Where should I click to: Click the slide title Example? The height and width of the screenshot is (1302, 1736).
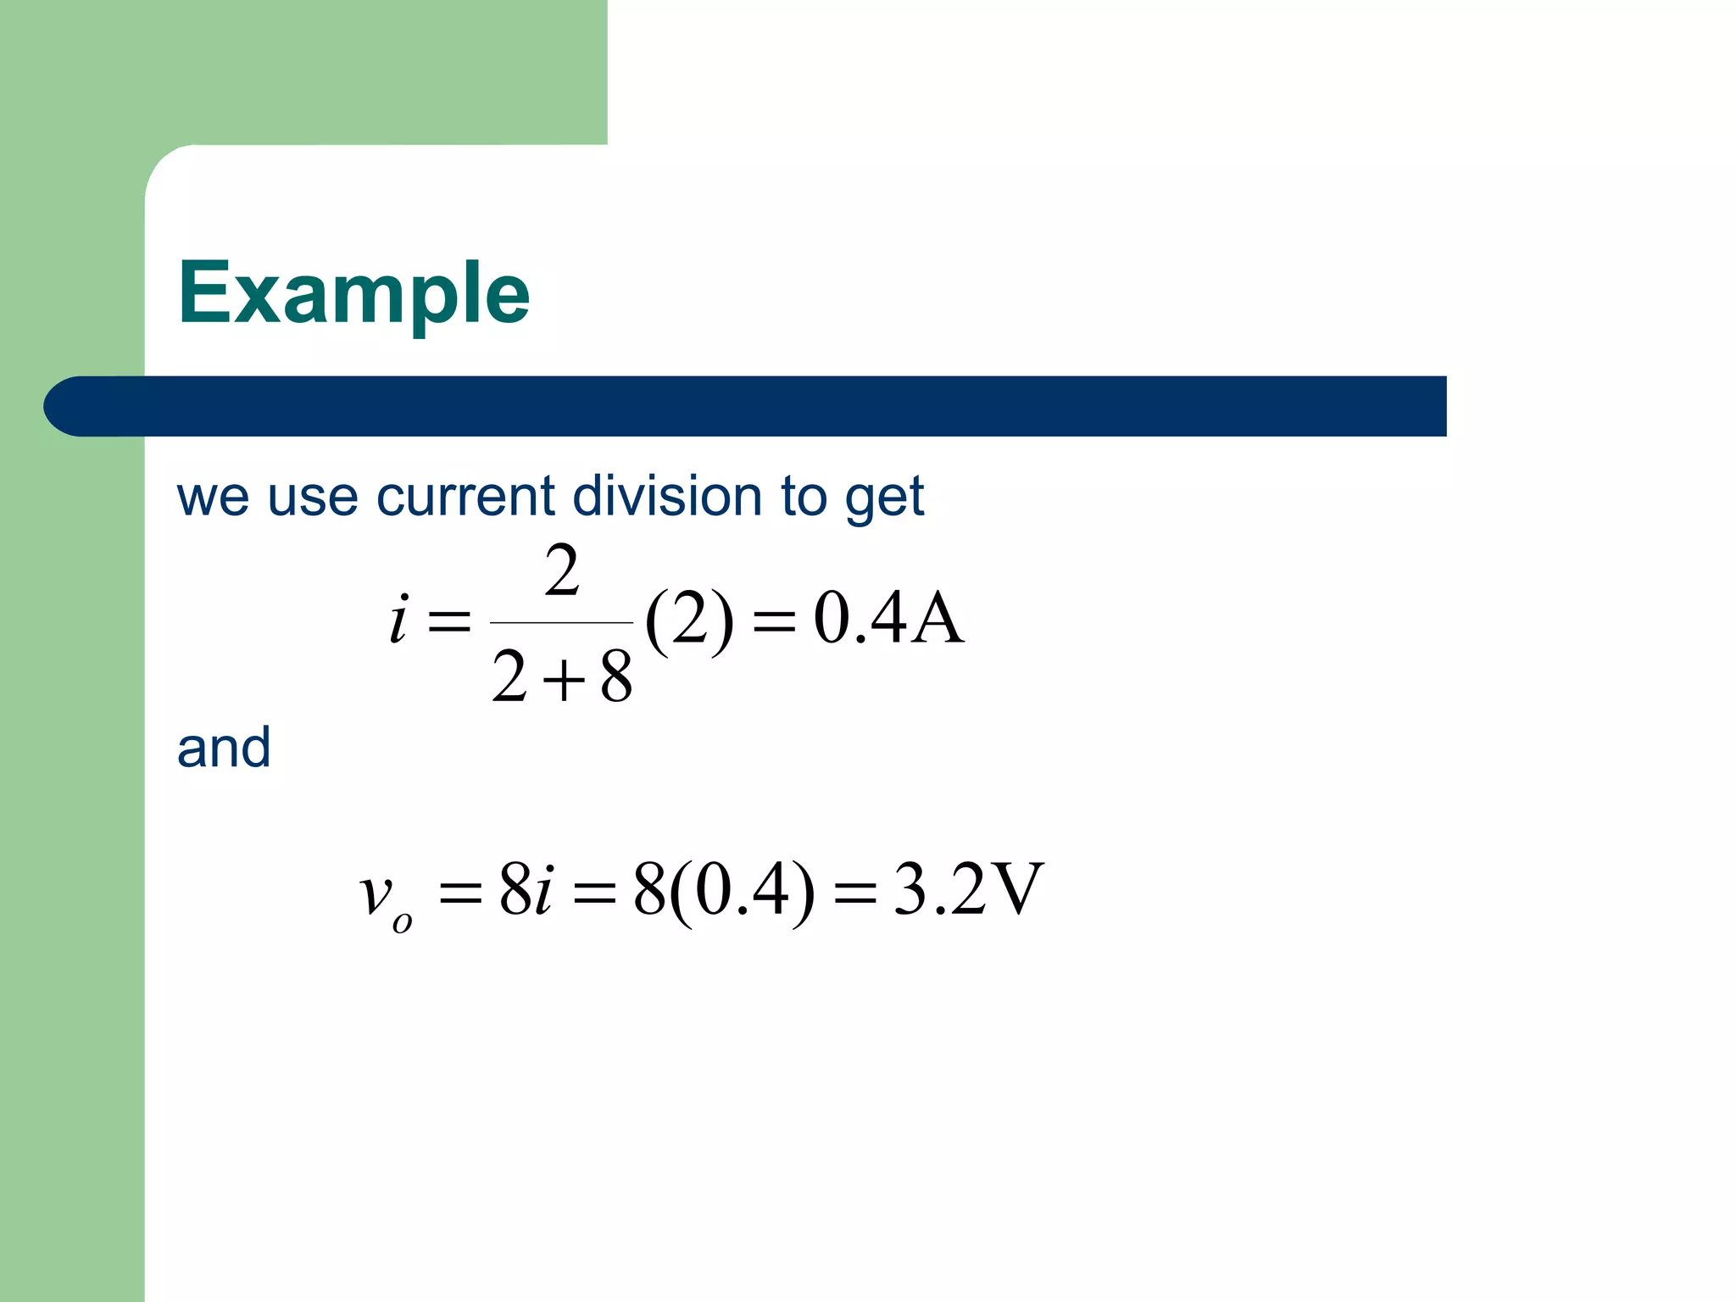click(353, 293)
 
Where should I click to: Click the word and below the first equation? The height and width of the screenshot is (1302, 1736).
click(224, 748)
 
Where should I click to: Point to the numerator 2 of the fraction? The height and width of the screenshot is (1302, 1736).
click(562, 572)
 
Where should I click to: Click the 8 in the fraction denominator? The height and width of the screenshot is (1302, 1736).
click(616, 678)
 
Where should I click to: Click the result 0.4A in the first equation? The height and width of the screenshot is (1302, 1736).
click(888, 619)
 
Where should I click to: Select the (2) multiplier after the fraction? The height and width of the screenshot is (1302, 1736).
click(688, 620)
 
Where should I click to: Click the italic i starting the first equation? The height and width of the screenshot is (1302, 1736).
click(398, 619)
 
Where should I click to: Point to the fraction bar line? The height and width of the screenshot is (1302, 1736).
click(561, 623)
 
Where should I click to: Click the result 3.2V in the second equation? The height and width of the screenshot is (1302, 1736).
click(967, 890)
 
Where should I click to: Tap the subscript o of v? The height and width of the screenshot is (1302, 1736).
click(403, 922)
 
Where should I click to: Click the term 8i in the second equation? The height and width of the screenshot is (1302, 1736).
click(526, 890)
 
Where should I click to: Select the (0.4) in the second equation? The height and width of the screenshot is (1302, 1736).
click(742, 892)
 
